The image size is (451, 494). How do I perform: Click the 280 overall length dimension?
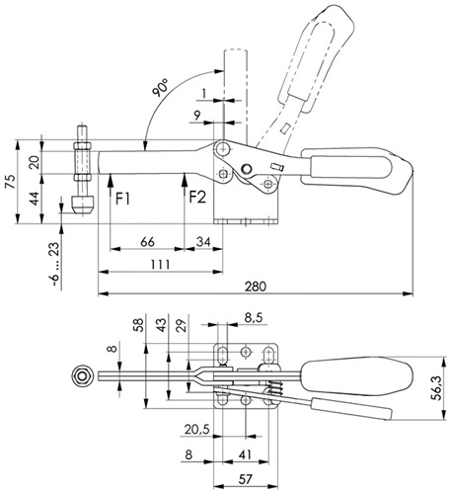[x=256, y=287]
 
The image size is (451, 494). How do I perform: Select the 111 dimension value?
[x=160, y=264]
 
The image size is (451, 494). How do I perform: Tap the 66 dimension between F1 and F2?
[x=147, y=242]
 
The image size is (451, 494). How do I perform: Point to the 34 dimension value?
[x=203, y=242]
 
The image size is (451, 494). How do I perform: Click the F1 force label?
[x=122, y=199]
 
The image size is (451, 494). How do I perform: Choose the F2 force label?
[x=197, y=198]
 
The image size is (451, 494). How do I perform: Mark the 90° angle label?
[x=160, y=88]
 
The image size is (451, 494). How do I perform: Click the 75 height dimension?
[x=11, y=182]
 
